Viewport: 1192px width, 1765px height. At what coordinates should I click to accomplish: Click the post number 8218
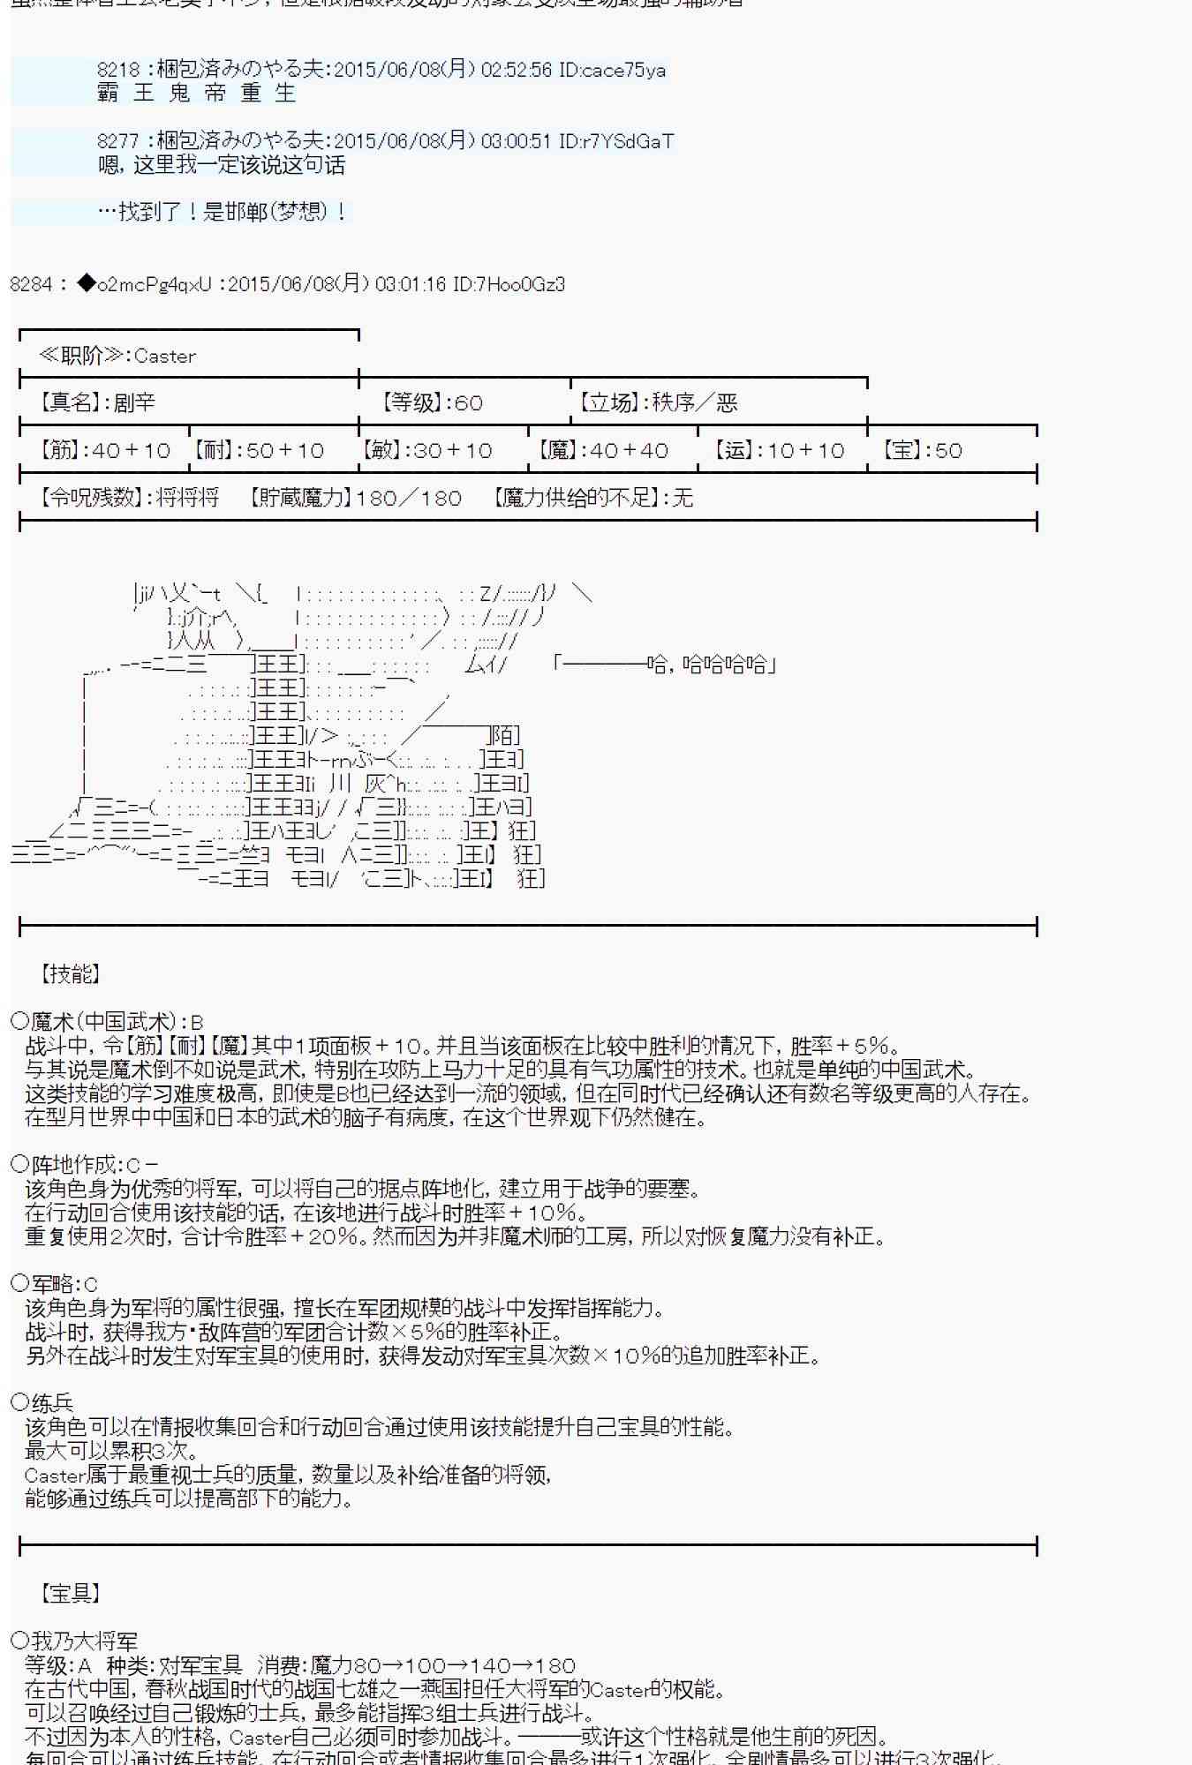(118, 70)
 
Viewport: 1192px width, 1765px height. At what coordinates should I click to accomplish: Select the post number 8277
(118, 141)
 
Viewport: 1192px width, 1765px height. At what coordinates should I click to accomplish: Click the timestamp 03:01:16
(410, 284)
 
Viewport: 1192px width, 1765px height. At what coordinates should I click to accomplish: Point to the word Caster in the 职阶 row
(165, 357)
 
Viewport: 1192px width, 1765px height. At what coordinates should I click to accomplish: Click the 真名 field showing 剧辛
(97, 403)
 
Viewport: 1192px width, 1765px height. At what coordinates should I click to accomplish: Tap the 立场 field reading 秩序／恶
(658, 403)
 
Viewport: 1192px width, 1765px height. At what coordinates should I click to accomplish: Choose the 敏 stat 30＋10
(427, 451)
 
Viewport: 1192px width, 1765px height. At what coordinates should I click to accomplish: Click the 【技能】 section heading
(70, 973)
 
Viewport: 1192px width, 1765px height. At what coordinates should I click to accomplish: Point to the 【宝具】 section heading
(70, 1593)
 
